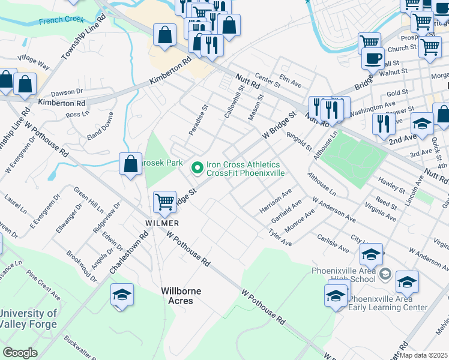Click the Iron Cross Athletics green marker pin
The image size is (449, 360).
click(x=197, y=169)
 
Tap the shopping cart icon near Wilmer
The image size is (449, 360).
click(x=164, y=202)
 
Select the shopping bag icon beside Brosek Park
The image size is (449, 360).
click(x=130, y=163)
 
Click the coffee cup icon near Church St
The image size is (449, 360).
click(x=373, y=58)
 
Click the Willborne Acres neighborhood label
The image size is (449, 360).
click(x=181, y=295)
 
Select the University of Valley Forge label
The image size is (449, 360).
click(x=28, y=319)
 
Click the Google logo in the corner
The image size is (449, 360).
click(x=20, y=352)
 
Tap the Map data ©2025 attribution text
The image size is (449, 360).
click(x=424, y=355)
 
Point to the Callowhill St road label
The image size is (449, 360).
click(x=232, y=101)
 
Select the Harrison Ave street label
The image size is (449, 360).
click(x=276, y=201)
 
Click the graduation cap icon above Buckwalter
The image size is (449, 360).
click(x=122, y=295)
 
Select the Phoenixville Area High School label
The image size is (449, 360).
click(x=343, y=274)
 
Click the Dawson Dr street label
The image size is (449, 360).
click(x=66, y=92)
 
